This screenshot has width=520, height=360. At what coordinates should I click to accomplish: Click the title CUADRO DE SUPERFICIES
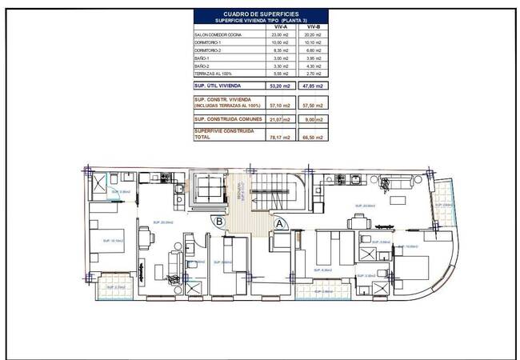pyautogui.click(x=260, y=14)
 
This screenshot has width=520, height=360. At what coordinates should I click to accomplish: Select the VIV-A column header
pyautogui.click(x=281, y=26)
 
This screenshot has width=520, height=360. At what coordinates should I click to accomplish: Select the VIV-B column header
pyautogui.click(x=313, y=26)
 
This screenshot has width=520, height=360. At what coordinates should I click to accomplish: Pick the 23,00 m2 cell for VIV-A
pyautogui.click(x=281, y=35)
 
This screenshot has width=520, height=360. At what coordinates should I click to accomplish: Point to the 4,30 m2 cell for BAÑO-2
pyautogui.click(x=313, y=66)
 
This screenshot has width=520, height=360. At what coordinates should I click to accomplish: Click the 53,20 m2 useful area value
pyautogui.click(x=281, y=85)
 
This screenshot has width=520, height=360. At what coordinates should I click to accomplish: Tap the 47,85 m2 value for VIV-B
pyautogui.click(x=313, y=85)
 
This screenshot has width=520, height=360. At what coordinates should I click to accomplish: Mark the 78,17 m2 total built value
pyautogui.click(x=281, y=137)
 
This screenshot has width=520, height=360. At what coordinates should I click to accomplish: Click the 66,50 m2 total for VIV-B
pyautogui.click(x=313, y=137)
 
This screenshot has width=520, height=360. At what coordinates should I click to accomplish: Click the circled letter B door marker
pyautogui.click(x=218, y=223)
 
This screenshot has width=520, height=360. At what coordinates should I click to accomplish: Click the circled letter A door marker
pyautogui.click(x=279, y=225)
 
